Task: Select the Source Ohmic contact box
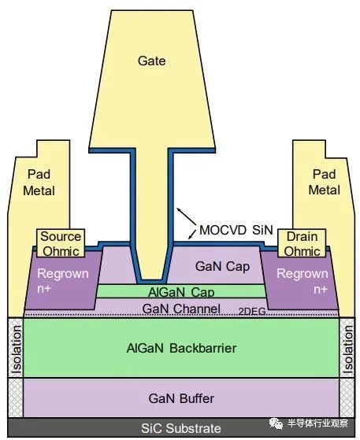pyautogui.click(x=61, y=243)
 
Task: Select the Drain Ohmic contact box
pyautogui.click(x=302, y=243)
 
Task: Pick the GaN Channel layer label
pyautogui.click(x=180, y=309)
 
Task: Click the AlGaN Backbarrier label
pyautogui.click(x=181, y=348)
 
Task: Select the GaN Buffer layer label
pyautogui.click(x=181, y=398)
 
